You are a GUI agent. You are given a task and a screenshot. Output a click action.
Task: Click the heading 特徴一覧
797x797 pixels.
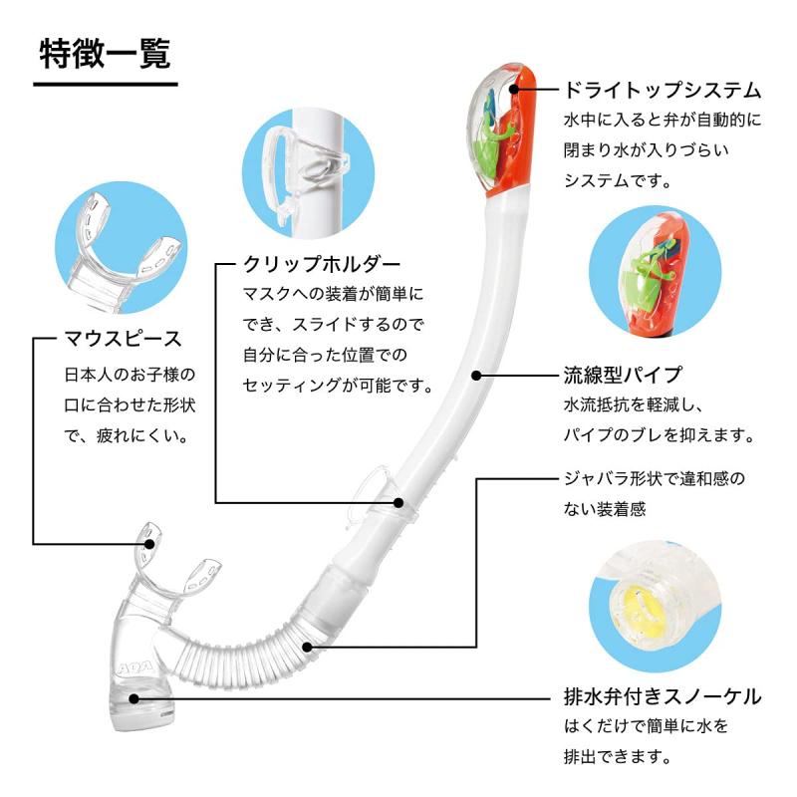pyautogui.click(x=105, y=53)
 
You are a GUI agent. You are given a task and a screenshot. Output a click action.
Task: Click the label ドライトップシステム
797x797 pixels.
pyautogui.click(x=663, y=91)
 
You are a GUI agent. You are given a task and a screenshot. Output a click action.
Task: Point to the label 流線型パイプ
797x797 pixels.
pyautogui.click(x=623, y=376)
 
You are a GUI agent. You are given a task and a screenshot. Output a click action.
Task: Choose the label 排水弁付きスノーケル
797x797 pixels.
pyautogui.click(x=663, y=695)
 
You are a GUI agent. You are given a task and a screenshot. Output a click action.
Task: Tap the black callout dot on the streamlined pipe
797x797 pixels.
pyautogui.click(x=477, y=377)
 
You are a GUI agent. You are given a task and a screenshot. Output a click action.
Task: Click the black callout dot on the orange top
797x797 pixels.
pyautogui.click(x=514, y=89)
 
